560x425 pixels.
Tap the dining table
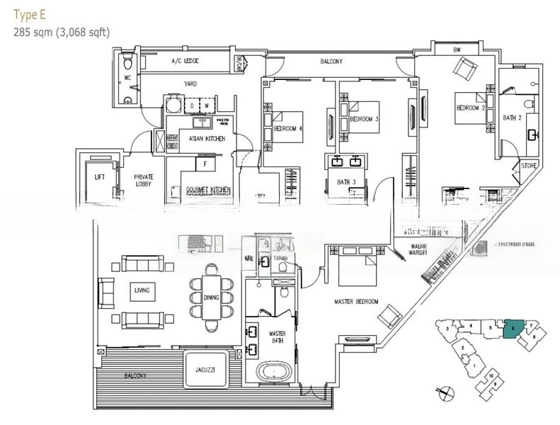tap(211, 297)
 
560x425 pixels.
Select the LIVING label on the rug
tap(141, 290)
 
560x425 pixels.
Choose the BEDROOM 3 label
tap(364, 119)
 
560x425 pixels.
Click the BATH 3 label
tap(346, 182)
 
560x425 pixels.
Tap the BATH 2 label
tap(512, 118)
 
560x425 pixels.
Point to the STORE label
tap(528, 165)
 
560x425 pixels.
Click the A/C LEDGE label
tap(185, 62)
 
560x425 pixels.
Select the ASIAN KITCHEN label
tap(207, 139)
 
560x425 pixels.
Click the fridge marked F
tap(205, 164)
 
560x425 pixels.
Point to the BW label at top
tap(457, 50)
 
